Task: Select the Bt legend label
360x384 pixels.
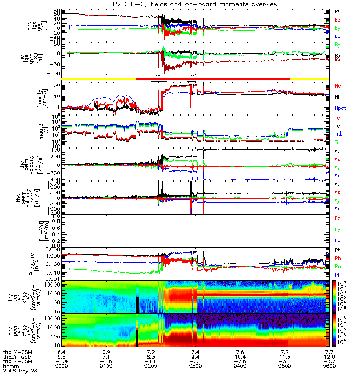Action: (338, 11)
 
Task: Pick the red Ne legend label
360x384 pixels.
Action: (338, 86)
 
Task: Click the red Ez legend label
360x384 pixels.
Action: (338, 219)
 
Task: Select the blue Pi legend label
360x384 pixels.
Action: (338, 275)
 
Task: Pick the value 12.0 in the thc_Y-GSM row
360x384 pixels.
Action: (328, 356)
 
